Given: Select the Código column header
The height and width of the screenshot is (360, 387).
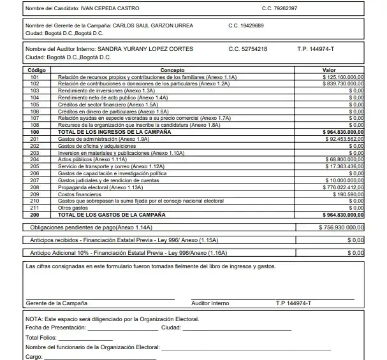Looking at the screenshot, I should (34, 70).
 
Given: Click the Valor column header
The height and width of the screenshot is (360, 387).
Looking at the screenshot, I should (329, 70).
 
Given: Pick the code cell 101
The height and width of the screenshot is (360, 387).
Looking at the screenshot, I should (34, 76).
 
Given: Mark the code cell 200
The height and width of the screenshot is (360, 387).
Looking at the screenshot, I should (34, 215).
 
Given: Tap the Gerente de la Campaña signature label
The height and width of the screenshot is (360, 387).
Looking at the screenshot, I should (57, 303).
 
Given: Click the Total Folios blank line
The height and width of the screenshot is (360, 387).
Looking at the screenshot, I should (85, 338).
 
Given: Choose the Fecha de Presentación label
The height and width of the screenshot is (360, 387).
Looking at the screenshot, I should (55, 327).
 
